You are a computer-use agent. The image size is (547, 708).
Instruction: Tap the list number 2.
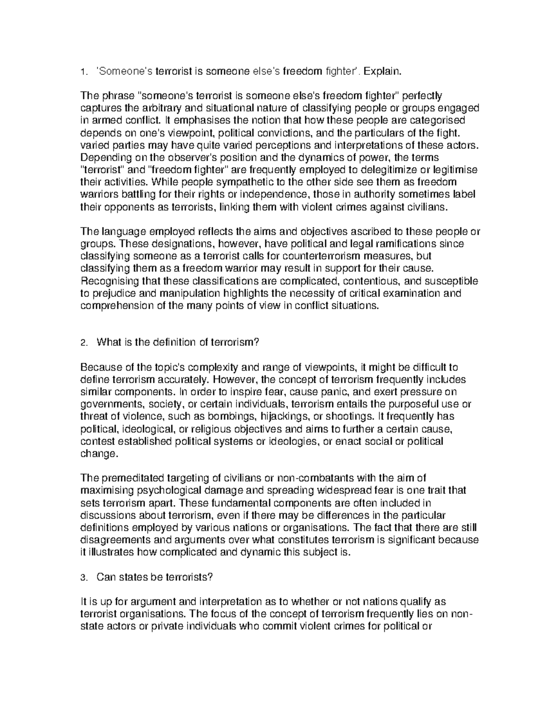click(83, 342)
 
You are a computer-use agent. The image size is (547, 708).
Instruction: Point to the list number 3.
click(83, 578)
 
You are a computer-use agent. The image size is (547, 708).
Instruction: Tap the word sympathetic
click(235, 182)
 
